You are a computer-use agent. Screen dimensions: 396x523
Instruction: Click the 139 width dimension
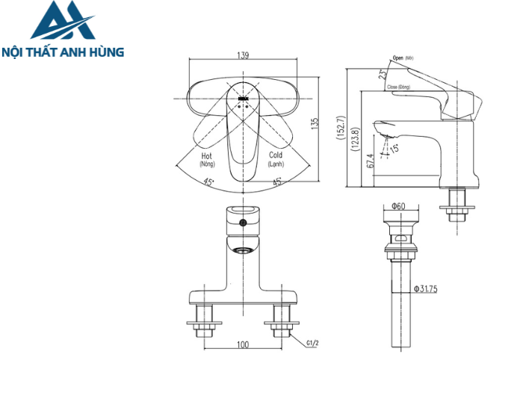click(x=242, y=55)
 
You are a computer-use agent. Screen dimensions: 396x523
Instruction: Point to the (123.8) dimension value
click(x=356, y=140)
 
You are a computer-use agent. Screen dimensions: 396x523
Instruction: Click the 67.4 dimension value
click(x=371, y=162)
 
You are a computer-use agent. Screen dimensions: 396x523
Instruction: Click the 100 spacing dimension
click(x=243, y=345)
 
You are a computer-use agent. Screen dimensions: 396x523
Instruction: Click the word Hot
click(x=207, y=156)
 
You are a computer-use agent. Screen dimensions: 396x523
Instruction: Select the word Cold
click(x=276, y=156)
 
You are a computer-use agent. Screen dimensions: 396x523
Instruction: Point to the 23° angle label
click(x=383, y=74)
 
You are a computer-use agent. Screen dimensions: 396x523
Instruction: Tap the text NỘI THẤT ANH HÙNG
click(x=63, y=53)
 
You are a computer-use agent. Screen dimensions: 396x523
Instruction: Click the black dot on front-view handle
click(x=242, y=223)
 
